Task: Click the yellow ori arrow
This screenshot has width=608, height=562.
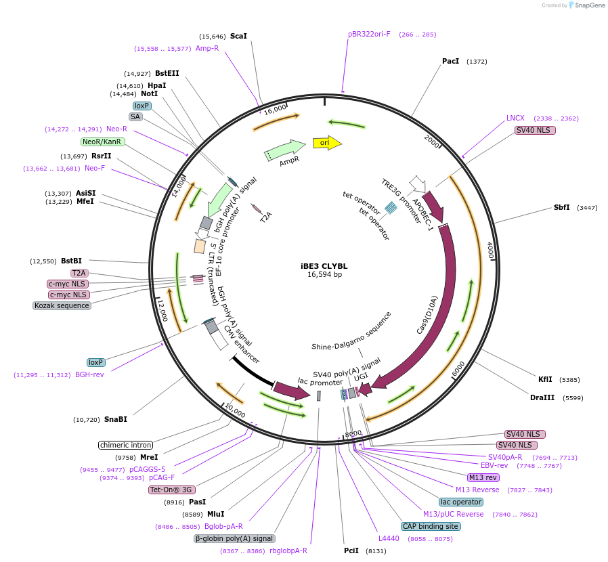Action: click(x=326, y=143)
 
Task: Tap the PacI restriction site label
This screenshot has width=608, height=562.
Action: click(x=450, y=61)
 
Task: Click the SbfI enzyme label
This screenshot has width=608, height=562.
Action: click(x=562, y=207)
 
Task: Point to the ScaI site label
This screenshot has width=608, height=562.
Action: click(x=238, y=36)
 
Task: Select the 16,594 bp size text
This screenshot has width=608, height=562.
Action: click(x=325, y=275)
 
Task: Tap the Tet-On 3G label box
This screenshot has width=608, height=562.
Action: click(x=171, y=490)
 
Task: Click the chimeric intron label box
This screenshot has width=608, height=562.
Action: click(x=125, y=445)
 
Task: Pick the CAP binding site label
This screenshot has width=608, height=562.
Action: click(x=431, y=526)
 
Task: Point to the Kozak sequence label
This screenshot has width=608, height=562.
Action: click(x=62, y=305)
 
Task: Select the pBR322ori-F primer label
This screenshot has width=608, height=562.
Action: click(x=369, y=34)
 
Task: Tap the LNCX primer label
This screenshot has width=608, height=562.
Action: click(x=515, y=118)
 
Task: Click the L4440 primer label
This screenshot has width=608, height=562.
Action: click(x=389, y=538)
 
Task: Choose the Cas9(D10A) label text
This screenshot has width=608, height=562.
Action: click(x=427, y=315)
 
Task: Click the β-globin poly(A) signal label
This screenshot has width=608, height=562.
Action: click(x=234, y=538)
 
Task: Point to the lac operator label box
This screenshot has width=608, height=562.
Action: click(x=460, y=502)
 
